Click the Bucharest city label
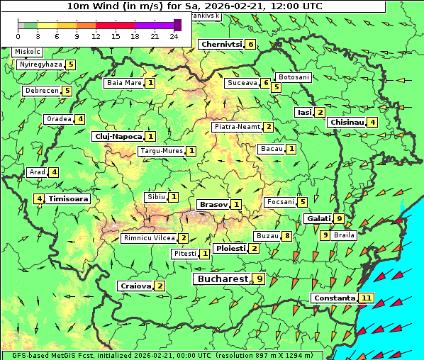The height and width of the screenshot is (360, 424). click(221, 279)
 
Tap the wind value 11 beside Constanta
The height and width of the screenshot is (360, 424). click(366, 298)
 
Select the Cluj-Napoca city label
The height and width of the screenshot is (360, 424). click(117, 136)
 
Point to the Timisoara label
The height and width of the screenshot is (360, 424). click(69, 199)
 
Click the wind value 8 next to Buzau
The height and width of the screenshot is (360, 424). click(286, 235)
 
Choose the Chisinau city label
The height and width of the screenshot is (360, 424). click(347, 122)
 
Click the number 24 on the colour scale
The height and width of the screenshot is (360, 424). click(174, 36)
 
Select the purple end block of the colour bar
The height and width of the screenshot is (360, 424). click(177, 25)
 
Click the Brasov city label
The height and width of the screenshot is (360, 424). click(213, 204)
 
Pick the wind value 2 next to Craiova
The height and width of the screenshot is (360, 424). click(160, 286)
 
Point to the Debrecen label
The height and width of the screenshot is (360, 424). click(41, 91)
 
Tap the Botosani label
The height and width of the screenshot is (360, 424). click(293, 77)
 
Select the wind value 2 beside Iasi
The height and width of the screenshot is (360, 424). click(320, 112)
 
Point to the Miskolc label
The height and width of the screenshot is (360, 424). click(28, 52)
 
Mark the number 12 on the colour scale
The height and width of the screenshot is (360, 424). click(96, 36)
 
